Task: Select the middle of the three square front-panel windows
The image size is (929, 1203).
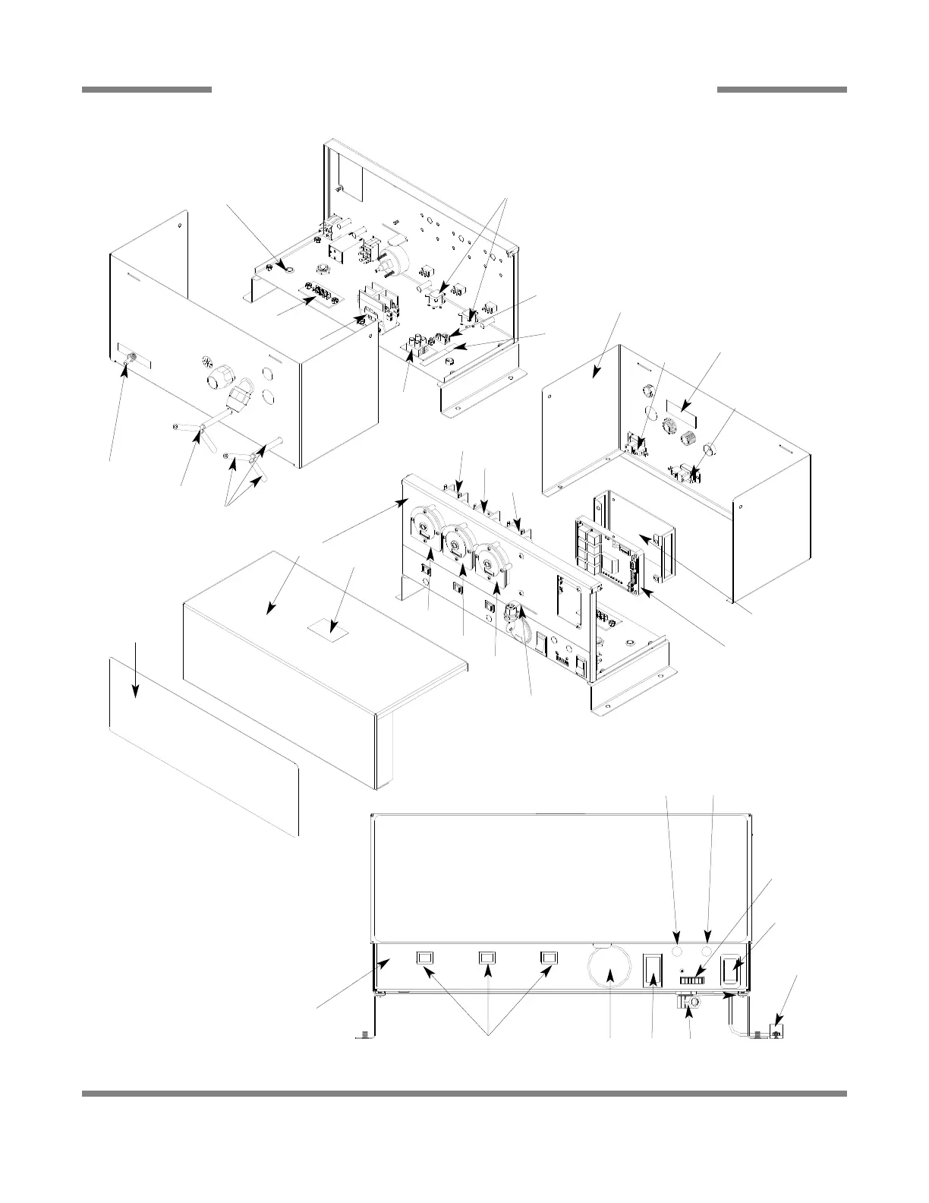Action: point(486,958)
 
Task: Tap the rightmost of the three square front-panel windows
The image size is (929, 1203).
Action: point(548,958)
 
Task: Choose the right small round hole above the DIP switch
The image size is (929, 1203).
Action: point(707,951)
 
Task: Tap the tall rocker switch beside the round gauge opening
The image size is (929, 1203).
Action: point(652,971)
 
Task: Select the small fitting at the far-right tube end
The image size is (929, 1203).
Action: point(776,1031)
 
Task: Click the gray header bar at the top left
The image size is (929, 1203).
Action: point(146,90)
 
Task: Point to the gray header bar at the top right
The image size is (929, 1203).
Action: point(781,90)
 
